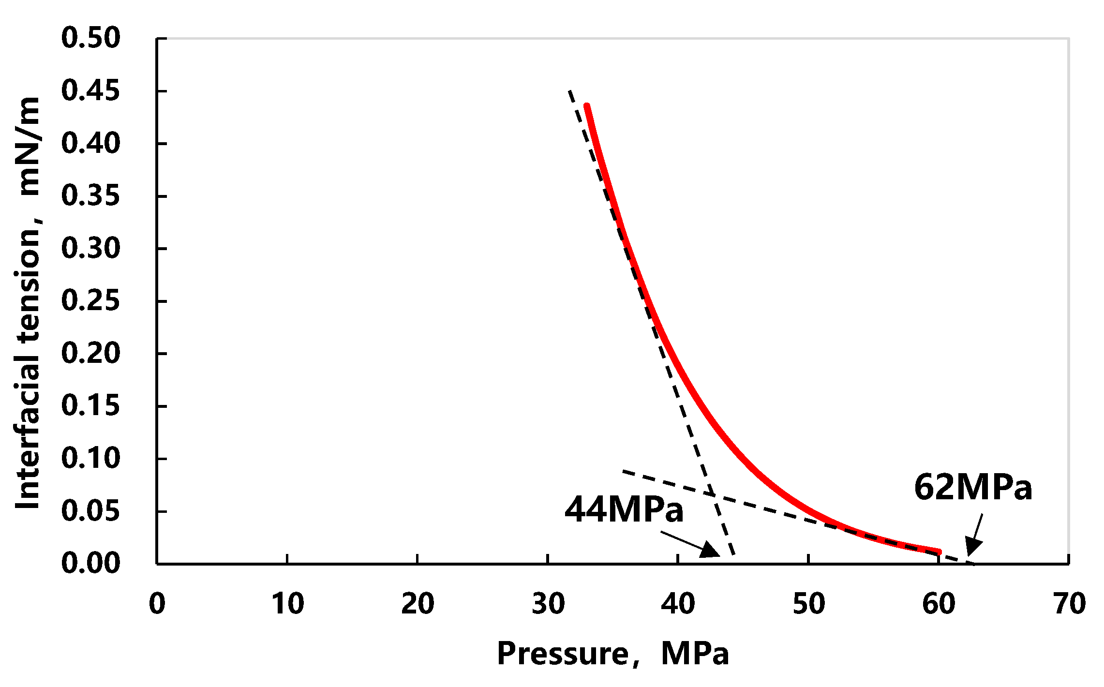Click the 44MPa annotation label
click(x=624, y=509)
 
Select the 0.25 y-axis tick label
click(x=90, y=300)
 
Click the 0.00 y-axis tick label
click(x=90, y=563)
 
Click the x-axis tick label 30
click(x=548, y=604)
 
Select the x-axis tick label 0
click(x=157, y=604)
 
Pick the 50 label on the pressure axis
click(x=808, y=604)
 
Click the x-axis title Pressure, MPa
click(x=612, y=654)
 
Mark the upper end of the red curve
click(x=586, y=105)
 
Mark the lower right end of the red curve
click(x=939, y=552)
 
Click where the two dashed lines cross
click(x=711, y=494)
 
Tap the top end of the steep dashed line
click(x=569, y=90)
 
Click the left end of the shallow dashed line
click(x=624, y=470)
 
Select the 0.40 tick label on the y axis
click(x=90, y=143)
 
